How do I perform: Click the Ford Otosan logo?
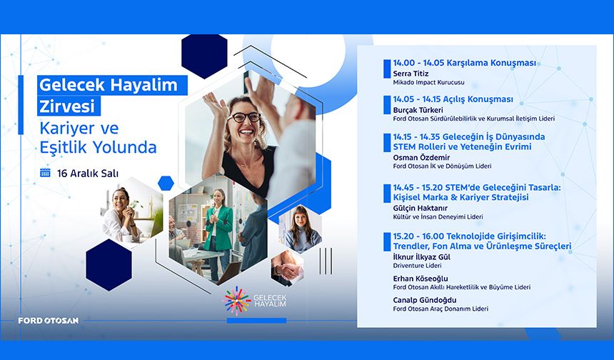click(x=49, y=320)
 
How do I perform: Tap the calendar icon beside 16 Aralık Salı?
click(x=46, y=173)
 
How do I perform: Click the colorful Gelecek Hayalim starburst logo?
click(x=238, y=301)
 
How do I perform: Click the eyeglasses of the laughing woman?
click(x=243, y=117)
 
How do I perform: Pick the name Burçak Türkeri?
click(x=418, y=110)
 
